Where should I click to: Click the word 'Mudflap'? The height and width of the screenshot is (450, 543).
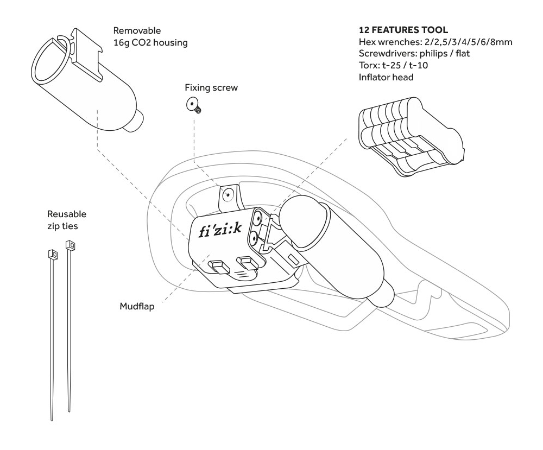[x=136, y=306]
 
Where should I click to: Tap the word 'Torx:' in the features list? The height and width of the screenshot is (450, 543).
[x=371, y=65]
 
